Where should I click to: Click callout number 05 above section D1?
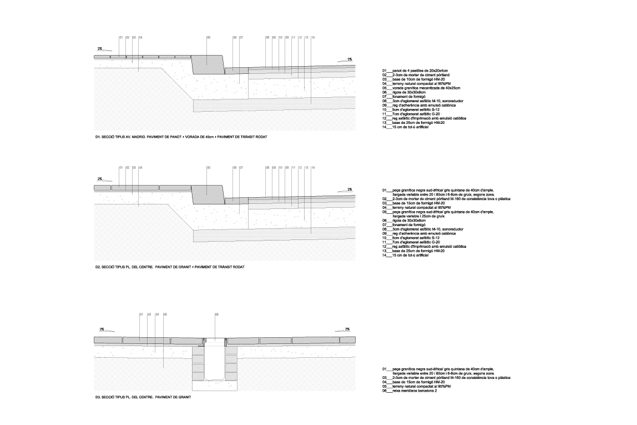[208, 38]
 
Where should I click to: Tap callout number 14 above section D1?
[313, 38]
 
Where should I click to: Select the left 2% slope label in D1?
[100, 49]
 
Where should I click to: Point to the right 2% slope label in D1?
[350, 59]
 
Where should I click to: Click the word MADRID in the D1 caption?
[137, 136]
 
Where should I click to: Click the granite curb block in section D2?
[208, 190]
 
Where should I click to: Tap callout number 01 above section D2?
[121, 167]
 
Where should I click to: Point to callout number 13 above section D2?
[306, 167]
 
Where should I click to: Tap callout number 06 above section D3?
[216, 314]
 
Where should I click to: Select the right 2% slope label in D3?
[347, 329]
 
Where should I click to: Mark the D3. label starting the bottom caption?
[98, 397]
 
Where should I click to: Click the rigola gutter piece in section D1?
[236, 70]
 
